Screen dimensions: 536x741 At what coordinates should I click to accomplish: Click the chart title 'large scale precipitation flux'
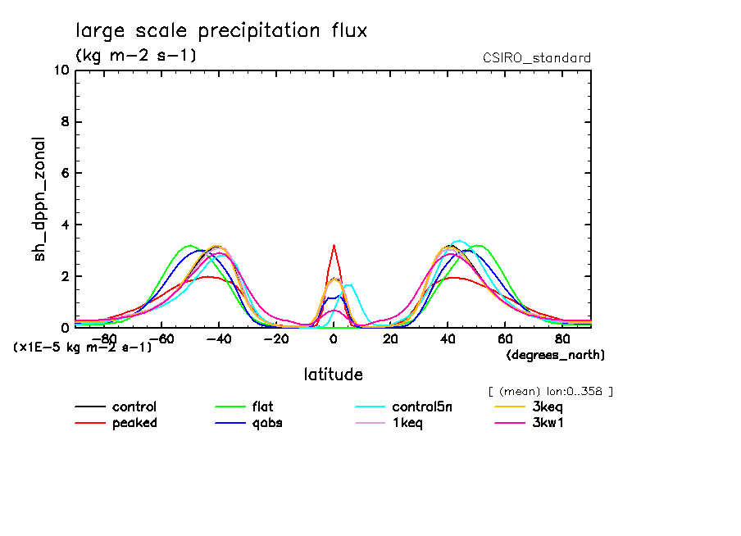221,31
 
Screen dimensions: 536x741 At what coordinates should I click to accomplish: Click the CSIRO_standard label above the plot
537,58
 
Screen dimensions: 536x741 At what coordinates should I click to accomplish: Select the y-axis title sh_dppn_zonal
40,199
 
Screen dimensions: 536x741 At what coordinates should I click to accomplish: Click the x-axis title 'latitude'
333,375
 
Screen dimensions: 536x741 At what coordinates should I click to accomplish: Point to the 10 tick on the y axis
61,70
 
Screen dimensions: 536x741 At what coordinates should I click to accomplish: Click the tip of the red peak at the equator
334,245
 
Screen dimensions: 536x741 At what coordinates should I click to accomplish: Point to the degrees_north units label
555,355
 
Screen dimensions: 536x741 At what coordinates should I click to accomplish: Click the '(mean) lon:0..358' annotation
550,391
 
